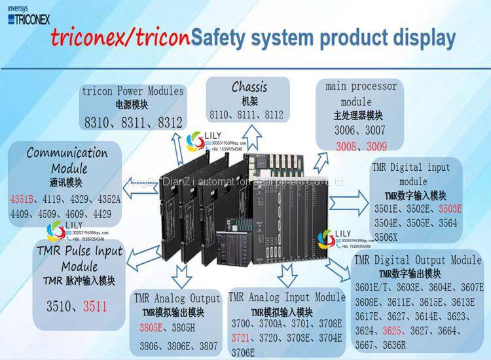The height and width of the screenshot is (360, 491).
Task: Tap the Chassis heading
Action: [x=249, y=87]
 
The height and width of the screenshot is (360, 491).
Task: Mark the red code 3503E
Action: [x=450, y=209]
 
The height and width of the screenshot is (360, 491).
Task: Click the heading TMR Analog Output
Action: [x=177, y=299]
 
